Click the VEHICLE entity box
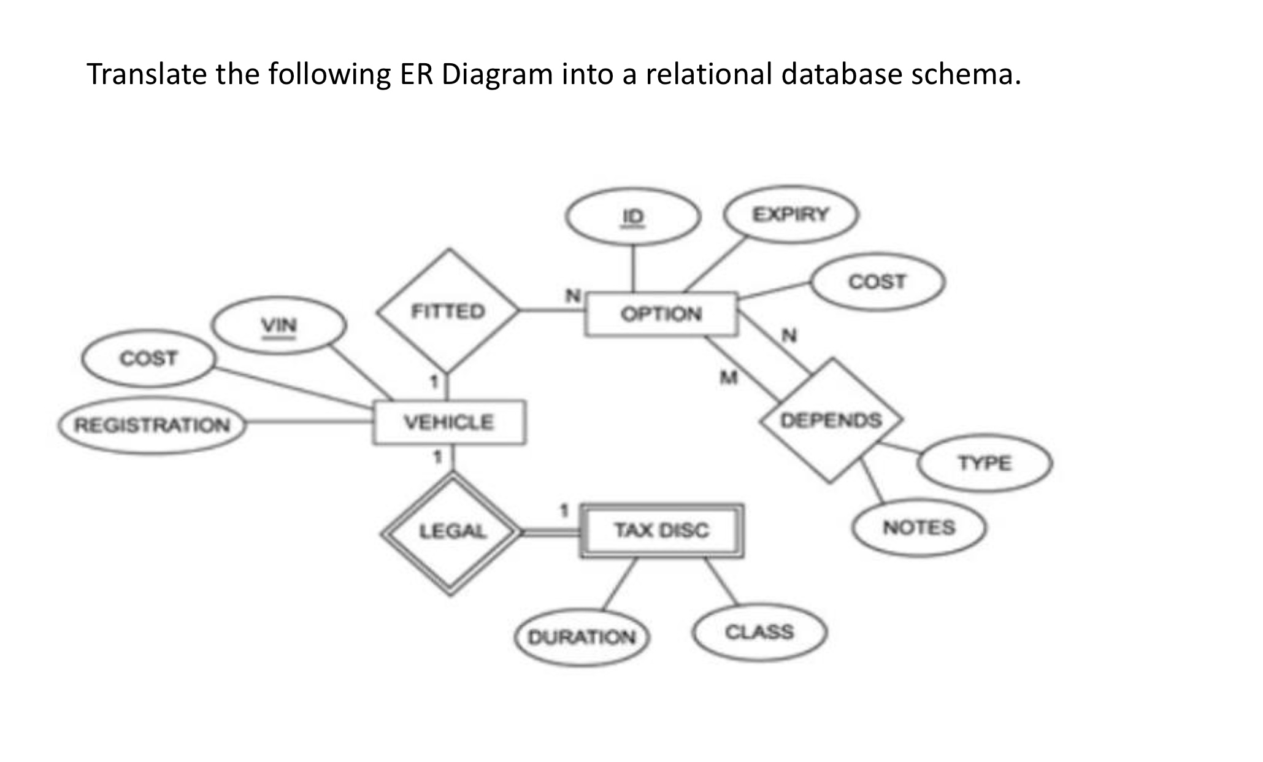pyautogui.click(x=449, y=422)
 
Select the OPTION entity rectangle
pyautogui.click(x=661, y=314)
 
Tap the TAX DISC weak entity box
pyautogui.click(x=661, y=531)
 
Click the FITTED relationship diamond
pyautogui.click(x=448, y=312)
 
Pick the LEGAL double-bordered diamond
pyautogui.click(x=452, y=532)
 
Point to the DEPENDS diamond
pyautogui.click(x=831, y=421)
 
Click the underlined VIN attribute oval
pyautogui.click(x=279, y=325)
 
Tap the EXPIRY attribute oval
pyautogui.click(x=791, y=215)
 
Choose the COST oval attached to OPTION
pyautogui.click(x=877, y=282)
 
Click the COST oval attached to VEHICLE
pyautogui.click(x=148, y=358)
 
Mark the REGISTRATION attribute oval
pyautogui.click(x=152, y=425)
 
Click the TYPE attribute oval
pyautogui.click(x=985, y=463)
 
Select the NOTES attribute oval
pyautogui.click(x=919, y=528)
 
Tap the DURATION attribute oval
pyautogui.click(x=582, y=638)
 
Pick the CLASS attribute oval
pyautogui.click(x=759, y=633)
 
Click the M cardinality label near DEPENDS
pyautogui.click(x=728, y=377)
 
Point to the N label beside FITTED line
pyautogui.click(x=572, y=296)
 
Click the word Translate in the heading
pyautogui.click(x=147, y=74)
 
